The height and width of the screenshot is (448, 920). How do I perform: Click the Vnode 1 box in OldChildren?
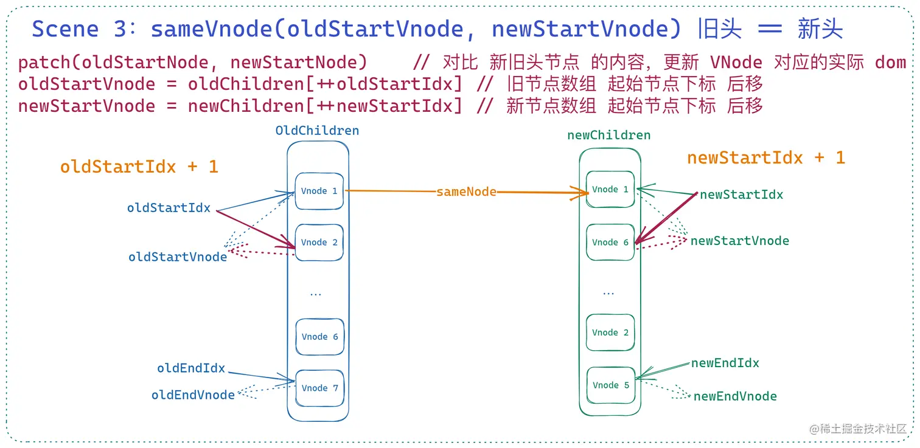pos(319,191)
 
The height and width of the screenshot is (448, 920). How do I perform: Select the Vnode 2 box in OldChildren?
pos(319,242)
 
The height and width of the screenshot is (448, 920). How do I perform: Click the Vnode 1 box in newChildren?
pos(610,189)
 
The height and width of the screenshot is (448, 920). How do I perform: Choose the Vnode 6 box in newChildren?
pos(610,242)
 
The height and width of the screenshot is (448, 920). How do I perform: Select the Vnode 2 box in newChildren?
pos(610,333)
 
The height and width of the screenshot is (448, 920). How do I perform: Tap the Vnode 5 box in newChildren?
pos(610,385)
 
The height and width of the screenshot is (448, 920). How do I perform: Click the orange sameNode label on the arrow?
pos(466,191)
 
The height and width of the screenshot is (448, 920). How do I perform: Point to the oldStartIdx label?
pos(169,208)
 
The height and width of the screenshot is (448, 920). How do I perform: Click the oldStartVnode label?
pos(178,257)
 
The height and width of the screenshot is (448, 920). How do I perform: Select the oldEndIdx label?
pos(191,368)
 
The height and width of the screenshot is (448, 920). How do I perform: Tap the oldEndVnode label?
pos(193,395)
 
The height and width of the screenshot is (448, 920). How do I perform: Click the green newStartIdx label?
pos(741,195)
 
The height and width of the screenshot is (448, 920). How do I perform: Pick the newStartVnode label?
pos(739,241)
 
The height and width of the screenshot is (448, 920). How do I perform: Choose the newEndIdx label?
pos(725,363)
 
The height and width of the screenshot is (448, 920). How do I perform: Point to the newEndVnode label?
pos(735,396)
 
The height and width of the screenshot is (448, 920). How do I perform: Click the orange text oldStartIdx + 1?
pos(139,167)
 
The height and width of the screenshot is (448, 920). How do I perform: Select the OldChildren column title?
pos(317,131)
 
